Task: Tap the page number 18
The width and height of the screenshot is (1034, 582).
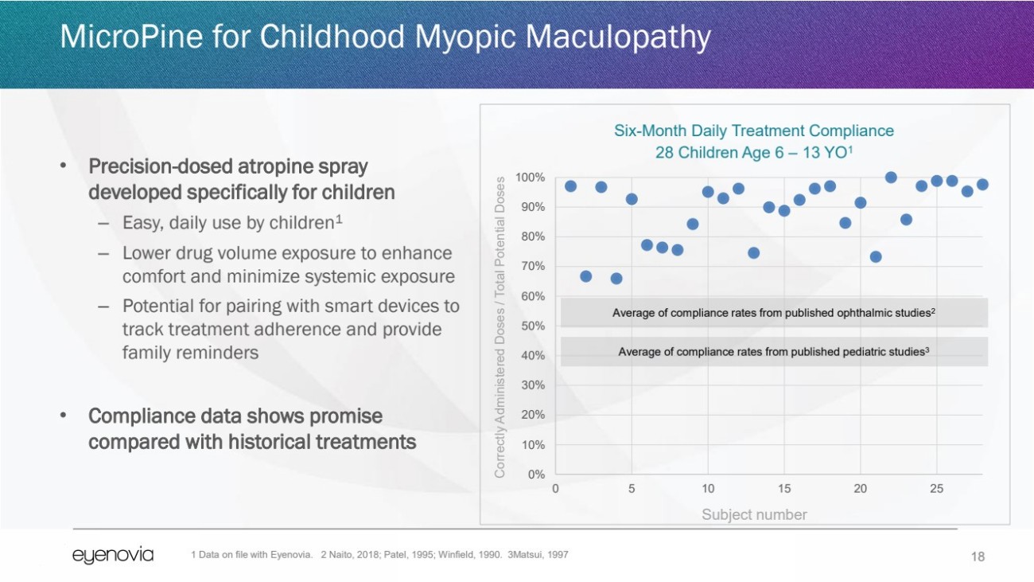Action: [x=978, y=557]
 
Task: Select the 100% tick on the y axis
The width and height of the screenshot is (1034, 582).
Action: [x=530, y=177]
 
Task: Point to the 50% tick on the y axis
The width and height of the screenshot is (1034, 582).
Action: [x=532, y=326]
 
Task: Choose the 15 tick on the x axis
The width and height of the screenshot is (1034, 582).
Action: [x=784, y=488]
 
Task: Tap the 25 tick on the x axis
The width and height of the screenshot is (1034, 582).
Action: [x=936, y=488]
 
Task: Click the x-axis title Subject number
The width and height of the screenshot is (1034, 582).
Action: [x=754, y=514]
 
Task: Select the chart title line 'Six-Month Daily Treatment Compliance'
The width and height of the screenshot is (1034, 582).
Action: [x=753, y=131]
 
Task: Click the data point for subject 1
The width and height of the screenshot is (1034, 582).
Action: [x=570, y=186]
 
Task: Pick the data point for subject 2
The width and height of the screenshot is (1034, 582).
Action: [x=586, y=276]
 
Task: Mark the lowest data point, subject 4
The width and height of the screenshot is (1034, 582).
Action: [x=616, y=278]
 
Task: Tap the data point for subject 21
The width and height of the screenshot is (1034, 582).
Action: [x=876, y=256]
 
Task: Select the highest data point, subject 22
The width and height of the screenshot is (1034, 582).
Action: [x=891, y=178]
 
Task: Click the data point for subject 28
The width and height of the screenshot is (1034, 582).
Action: [x=982, y=185]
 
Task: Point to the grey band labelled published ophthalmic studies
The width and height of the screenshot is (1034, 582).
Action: [x=774, y=313]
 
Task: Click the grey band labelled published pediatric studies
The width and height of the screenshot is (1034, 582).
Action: [x=774, y=351]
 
